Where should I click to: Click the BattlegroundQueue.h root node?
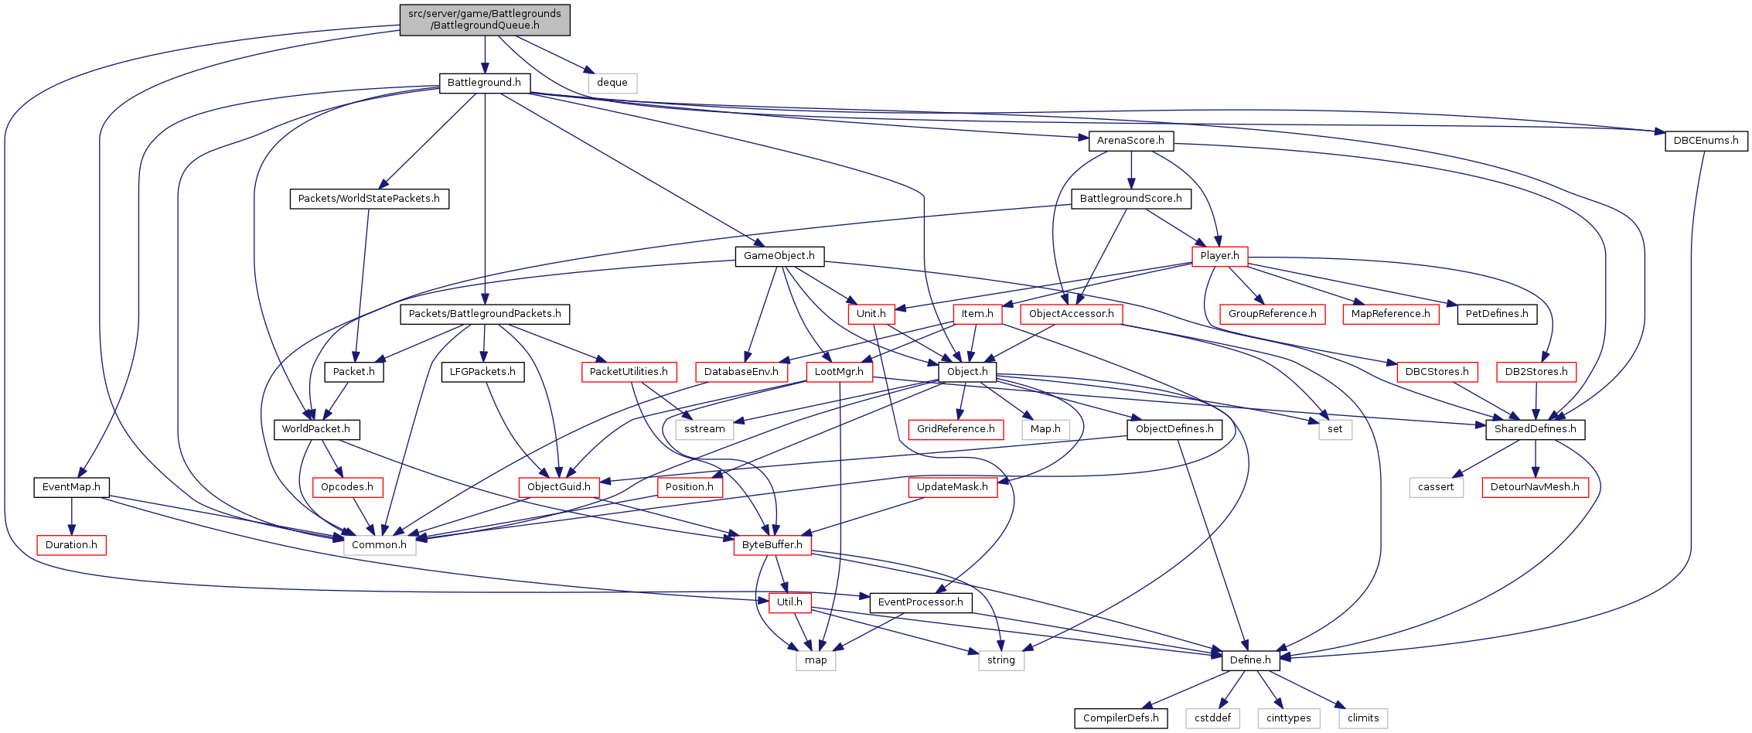tap(485, 19)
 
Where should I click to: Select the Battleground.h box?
tap(484, 83)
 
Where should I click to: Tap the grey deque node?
tap(612, 83)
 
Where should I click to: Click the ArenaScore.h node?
tap(1130, 141)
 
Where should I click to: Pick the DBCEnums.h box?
tap(1706, 141)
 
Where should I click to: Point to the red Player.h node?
tap(1219, 256)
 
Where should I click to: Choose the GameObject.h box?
tap(779, 256)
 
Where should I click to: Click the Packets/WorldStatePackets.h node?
tap(369, 199)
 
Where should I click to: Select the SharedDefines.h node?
tap(1535, 429)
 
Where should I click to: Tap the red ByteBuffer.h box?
tap(772, 545)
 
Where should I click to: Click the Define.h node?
tap(1250, 660)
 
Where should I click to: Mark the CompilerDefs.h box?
tap(1120, 718)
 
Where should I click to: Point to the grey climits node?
tap(1363, 718)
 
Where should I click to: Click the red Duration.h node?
tap(71, 545)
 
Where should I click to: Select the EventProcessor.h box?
tap(920, 602)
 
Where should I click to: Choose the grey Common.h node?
tap(379, 545)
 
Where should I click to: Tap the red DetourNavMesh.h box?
tap(1535, 487)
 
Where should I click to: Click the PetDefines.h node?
tap(1497, 314)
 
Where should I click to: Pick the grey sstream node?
tap(704, 429)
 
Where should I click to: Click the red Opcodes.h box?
tap(347, 487)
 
